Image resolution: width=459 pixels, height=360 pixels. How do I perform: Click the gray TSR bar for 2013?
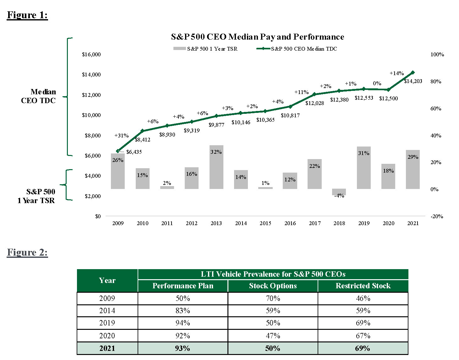click(216, 167)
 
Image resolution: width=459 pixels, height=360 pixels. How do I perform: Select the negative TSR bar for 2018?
click(339, 192)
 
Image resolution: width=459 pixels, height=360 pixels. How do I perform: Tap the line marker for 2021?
click(413, 73)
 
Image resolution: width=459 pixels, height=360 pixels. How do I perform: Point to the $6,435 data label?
click(134, 152)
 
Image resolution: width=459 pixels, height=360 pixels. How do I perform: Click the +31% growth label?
click(121, 136)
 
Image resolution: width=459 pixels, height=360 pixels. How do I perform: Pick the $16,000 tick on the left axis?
click(91, 54)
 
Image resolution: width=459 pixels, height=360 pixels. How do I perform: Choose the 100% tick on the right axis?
click(437, 54)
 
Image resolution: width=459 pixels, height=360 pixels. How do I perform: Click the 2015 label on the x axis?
click(265, 223)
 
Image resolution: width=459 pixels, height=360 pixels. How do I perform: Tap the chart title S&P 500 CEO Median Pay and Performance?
click(257, 37)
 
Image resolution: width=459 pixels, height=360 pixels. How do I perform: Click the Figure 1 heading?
click(27, 15)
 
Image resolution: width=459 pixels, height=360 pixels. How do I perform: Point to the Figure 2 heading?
click(27, 252)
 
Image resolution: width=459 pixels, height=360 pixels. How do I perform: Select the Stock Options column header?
click(273, 286)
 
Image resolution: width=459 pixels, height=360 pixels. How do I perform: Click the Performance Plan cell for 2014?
click(183, 311)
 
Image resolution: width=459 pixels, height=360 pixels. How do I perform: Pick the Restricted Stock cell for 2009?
click(363, 298)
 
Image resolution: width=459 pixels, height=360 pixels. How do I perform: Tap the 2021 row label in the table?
click(107, 348)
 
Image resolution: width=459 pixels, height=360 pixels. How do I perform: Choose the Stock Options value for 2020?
click(273, 336)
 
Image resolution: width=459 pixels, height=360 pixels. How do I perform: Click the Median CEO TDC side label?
click(39, 96)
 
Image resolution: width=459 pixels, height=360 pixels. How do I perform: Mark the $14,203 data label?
click(413, 81)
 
